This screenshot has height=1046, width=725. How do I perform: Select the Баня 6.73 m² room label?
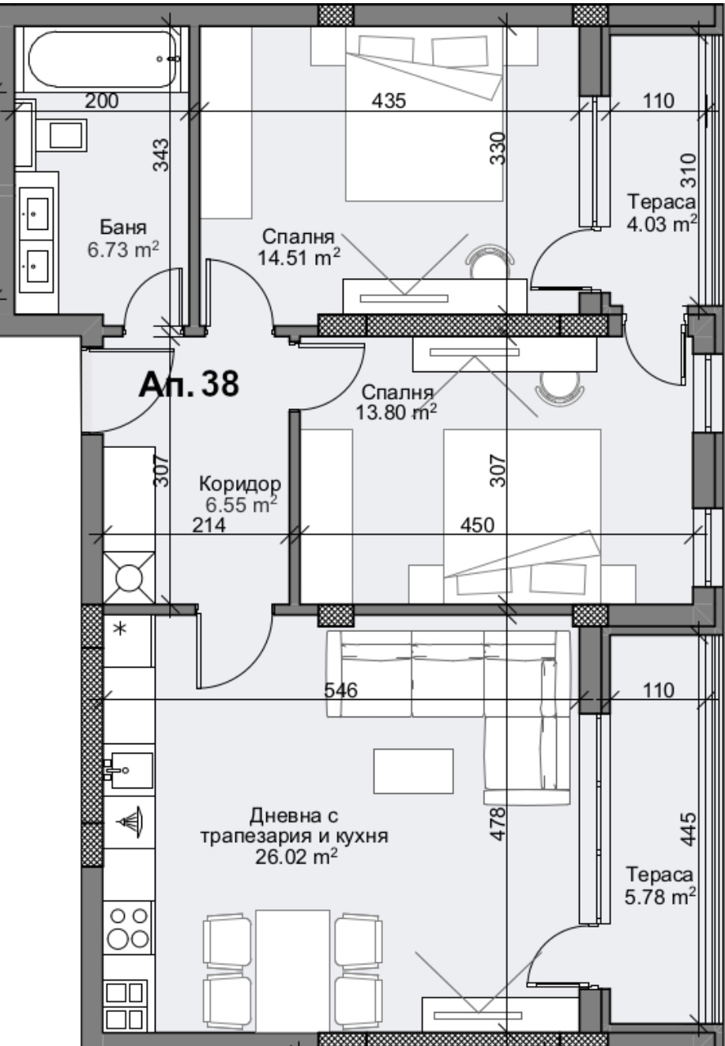(x=124, y=239)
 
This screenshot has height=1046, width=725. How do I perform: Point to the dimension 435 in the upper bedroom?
(x=389, y=101)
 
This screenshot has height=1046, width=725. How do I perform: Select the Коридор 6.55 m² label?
(x=239, y=494)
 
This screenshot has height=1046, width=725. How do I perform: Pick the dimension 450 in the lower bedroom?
(x=479, y=525)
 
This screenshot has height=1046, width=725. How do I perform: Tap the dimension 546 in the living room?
(x=341, y=690)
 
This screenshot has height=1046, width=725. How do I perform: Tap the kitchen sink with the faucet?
(x=126, y=766)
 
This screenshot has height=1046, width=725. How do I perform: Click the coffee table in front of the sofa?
(x=414, y=771)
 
